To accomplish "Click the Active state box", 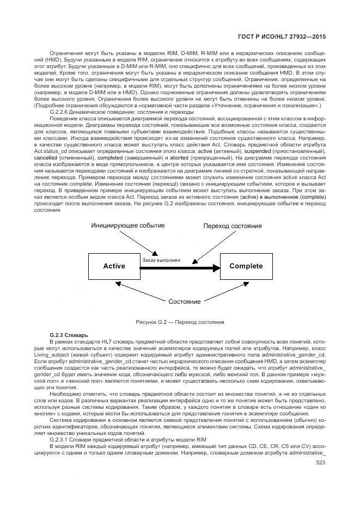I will [x=114, y=266].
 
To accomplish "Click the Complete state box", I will [x=246, y=266].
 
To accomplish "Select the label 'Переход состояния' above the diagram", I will [x=233, y=225].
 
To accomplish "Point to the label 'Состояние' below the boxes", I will [x=184, y=302].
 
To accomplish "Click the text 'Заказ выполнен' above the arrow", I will [x=161, y=261].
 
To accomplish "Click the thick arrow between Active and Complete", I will [x=180, y=267].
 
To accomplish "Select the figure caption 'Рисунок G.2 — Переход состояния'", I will [x=180, y=323].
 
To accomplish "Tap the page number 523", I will [x=320, y=463].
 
